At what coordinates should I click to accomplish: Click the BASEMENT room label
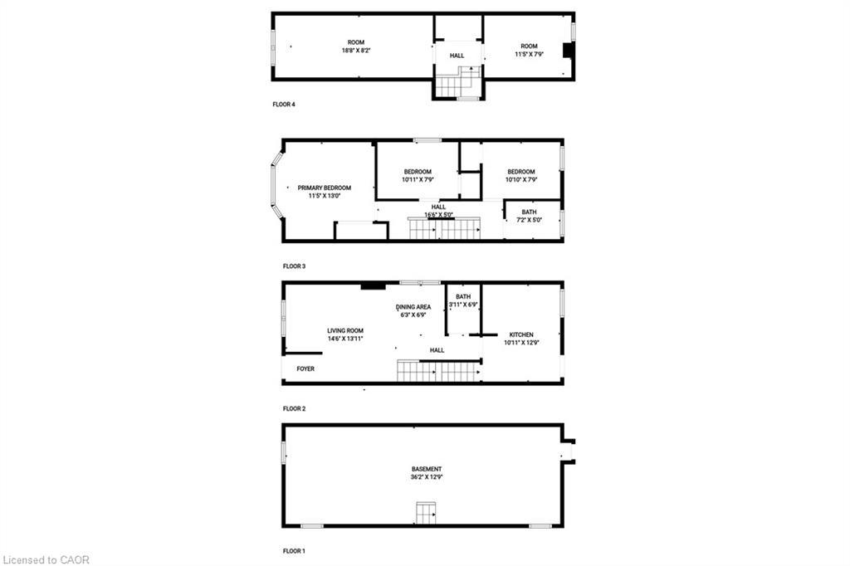click(426, 469)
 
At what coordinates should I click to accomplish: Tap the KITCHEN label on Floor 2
click(521, 334)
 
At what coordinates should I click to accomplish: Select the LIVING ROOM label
click(344, 331)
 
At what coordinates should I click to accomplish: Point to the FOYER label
click(305, 368)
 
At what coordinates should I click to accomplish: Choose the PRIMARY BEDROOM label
click(324, 188)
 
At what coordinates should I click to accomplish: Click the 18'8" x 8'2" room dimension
click(355, 51)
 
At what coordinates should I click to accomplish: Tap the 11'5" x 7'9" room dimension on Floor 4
click(529, 54)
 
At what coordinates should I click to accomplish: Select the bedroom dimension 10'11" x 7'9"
click(418, 179)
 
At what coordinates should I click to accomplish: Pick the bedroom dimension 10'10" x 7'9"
click(521, 179)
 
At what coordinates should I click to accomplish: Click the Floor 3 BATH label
click(529, 212)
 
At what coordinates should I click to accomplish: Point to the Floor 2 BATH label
click(463, 296)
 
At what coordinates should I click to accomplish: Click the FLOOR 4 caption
click(284, 105)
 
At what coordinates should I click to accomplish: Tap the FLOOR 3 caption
click(294, 266)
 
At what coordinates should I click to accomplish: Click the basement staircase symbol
click(426, 514)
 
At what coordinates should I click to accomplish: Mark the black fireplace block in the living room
click(373, 287)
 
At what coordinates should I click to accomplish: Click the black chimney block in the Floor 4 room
click(568, 51)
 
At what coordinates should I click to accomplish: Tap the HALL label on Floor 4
click(457, 56)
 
